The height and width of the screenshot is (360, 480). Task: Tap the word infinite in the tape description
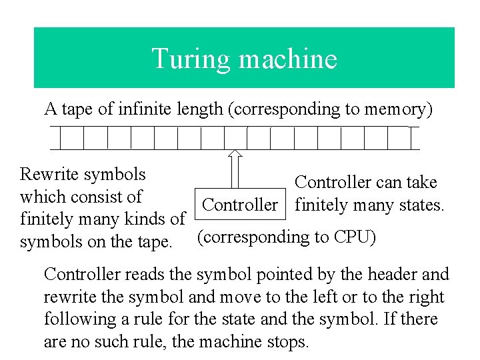(153, 109)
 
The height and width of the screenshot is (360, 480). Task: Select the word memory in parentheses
(396, 109)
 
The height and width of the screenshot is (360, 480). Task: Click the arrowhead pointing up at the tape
(235, 155)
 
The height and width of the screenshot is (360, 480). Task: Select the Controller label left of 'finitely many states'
(239, 205)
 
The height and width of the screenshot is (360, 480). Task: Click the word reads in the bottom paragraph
(143, 274)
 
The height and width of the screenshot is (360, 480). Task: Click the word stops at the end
(288, 342)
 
